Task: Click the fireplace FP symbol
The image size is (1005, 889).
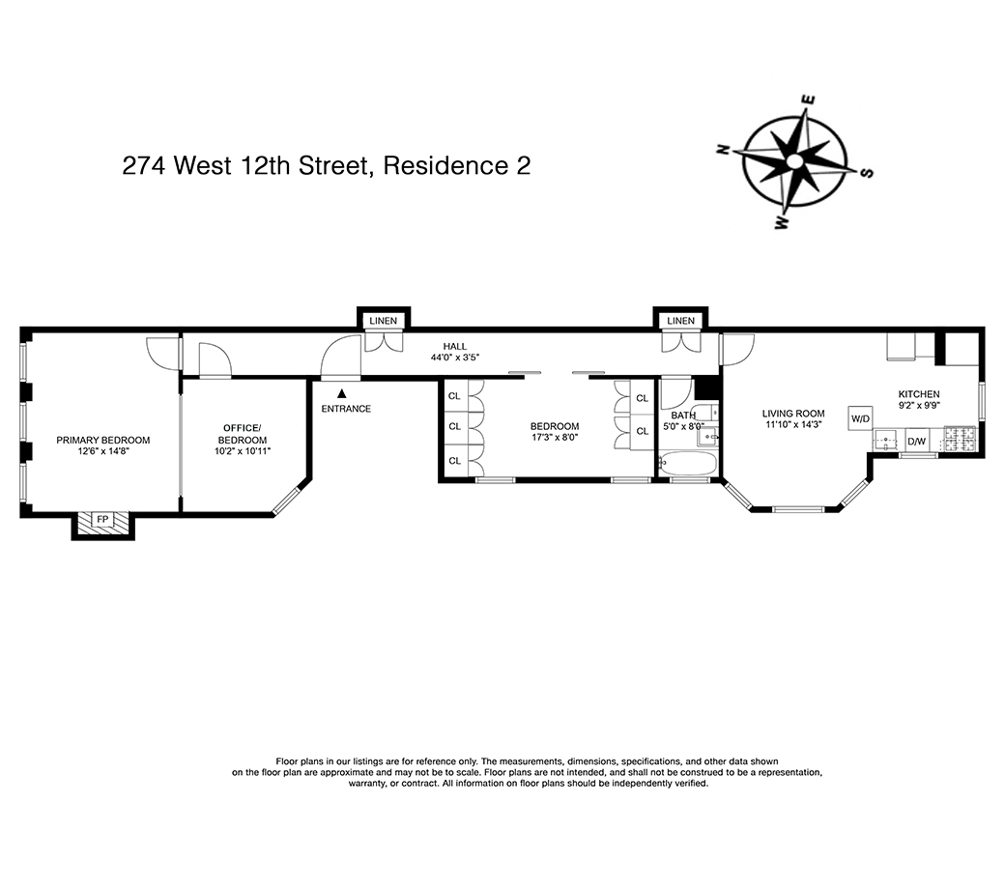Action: [x=102, y=520]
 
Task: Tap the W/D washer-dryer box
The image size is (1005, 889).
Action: [x=860, y=418]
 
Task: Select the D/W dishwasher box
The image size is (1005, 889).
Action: [x=915, y=443]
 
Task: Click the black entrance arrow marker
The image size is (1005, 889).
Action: [x=341, y=393]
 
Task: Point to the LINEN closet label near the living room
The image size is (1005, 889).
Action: [x=680, y=321]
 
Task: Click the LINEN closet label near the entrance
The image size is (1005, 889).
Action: [x=383, y=321]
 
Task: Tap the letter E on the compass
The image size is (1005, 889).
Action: [x=811, y=100]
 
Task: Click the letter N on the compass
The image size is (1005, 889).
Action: [x=722, y=150]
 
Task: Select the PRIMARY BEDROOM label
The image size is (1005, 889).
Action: [x=102, y=440]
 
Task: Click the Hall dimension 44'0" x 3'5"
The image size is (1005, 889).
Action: [x=454, y=358]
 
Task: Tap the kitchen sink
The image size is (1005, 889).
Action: [x=886, y=442]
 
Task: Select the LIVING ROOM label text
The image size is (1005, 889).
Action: [x=793, y=414]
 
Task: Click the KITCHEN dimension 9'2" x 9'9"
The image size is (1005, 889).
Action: [x=918, y=407]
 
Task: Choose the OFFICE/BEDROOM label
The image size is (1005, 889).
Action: [x=243, y=434]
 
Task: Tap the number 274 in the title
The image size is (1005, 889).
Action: [x=144, y=165]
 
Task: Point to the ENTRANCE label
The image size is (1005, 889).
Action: [x=346, y=409]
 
